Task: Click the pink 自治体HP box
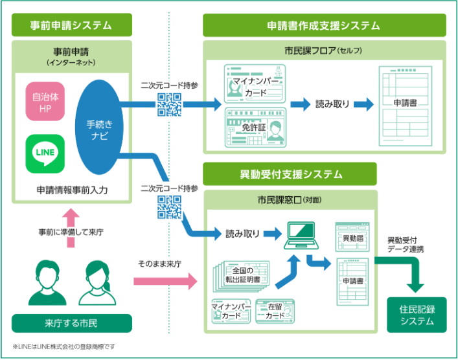click(45, 101)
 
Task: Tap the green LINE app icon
click(45, 153)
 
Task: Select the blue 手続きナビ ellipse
click(99, 128)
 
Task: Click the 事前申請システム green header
click(71, 25)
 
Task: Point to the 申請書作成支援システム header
click(324, 25)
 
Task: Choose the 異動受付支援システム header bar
click(290, 174)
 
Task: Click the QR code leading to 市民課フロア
click(170, 104)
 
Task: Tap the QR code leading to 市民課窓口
click(170, 207)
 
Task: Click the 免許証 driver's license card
click(256, 128)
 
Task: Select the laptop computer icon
click(301, 236)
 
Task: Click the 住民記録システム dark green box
click(417, 315)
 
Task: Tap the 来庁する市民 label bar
click(71, 323)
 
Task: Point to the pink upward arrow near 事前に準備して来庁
click(71, 228)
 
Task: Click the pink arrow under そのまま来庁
click(165, 281)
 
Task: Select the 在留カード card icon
click(275, 311)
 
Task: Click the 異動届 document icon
click(352, 237)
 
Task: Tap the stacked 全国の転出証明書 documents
click(241, 276)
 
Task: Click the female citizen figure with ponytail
click(98, 283)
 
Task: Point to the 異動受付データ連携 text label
click(406, 245)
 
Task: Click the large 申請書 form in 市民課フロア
click(406, 106)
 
